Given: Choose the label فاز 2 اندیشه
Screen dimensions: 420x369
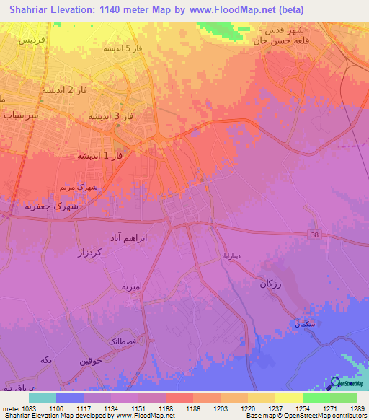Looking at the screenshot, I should click(x=65, y=90).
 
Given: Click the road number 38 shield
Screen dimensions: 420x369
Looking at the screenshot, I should click(x=314, y=235).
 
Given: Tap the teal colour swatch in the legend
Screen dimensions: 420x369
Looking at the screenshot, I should click(x=42, y=398).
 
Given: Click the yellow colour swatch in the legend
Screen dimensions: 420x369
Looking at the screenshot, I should click(x=288, y=398).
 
